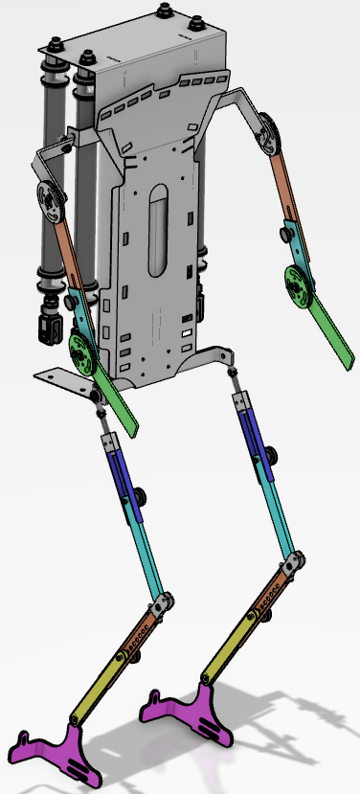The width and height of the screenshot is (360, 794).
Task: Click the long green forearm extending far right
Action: tap(331, 331)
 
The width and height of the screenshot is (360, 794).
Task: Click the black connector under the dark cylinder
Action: tap(44, 326)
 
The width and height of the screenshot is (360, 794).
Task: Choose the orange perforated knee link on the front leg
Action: tap(142, 632)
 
